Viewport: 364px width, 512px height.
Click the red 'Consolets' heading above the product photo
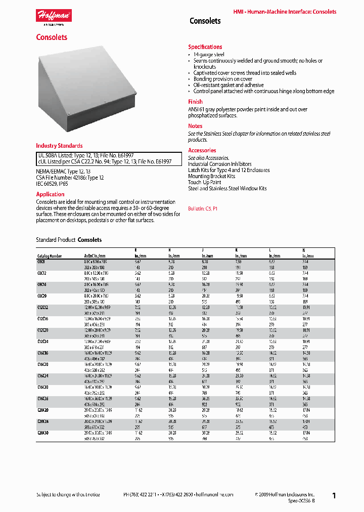(52, 37)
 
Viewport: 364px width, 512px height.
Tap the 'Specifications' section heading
(205, 47)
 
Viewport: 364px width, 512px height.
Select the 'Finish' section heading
(195, 102)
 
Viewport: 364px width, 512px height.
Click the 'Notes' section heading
(195, 126)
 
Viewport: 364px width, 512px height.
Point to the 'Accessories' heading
(202, 150)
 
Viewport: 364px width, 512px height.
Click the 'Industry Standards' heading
(59, 146)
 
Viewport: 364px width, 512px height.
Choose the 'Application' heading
(50, 194)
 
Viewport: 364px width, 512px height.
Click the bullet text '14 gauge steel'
(209, 55)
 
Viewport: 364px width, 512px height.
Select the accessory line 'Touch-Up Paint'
(204, 182)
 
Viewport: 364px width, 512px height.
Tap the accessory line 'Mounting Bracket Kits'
(211, 176)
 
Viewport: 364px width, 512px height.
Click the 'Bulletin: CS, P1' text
(203, 208)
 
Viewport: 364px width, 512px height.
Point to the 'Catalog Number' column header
(50, 257)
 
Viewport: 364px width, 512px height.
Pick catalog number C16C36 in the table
(42, 399)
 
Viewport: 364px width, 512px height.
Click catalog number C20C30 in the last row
(42, 433)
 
